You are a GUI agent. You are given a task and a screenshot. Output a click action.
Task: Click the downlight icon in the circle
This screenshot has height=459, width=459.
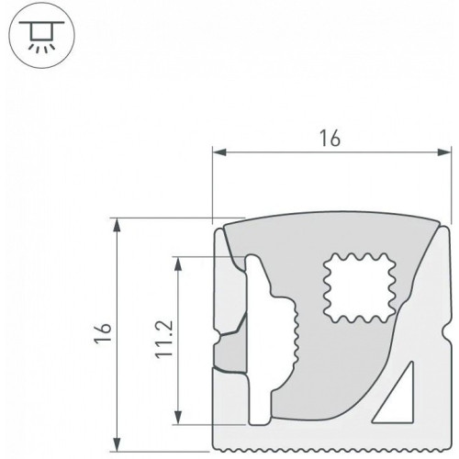pos(42,36)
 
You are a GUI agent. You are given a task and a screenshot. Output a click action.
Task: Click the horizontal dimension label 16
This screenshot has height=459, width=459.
pos(330,138)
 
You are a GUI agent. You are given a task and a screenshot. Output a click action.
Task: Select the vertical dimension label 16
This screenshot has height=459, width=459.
pos(103,333)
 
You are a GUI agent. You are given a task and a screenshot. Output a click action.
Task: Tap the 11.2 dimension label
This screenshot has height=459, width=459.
pos(164,340)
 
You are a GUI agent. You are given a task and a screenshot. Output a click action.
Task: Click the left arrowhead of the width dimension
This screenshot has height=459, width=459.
pos(219,152)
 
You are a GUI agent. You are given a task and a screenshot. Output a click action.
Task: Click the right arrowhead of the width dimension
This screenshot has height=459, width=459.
pos(444,152)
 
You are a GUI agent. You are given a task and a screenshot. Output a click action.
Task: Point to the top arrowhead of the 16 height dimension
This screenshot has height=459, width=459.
pos(117,225)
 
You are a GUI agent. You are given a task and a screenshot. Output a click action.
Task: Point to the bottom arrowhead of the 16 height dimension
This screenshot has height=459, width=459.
pos(117,444)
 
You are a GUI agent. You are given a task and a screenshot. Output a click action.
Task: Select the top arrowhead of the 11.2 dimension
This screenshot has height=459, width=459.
pos(178,263)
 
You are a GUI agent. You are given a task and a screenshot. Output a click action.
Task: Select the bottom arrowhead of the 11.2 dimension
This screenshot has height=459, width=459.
pos(178,418)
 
